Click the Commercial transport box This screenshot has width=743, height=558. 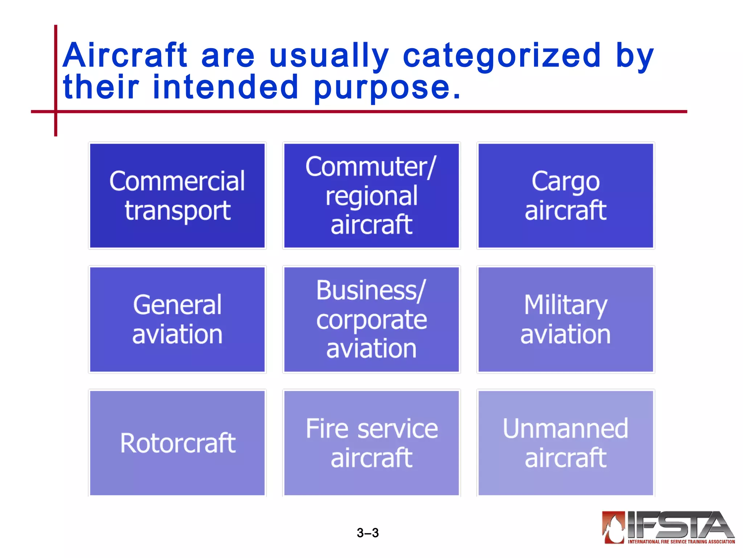[x=177, y=196]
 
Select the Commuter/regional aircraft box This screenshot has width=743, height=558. [x=371, y=196]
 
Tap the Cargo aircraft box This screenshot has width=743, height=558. [x=565, y=196]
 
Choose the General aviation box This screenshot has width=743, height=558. [x=177, y=319]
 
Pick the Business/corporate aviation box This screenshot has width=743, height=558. [x=371, y=319]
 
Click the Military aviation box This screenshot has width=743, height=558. [x=565, y=319]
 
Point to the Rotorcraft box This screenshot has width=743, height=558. [x=177, y=443]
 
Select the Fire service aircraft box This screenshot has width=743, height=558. [x=371, y=443]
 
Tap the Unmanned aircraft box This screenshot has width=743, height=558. [x=565, y=443]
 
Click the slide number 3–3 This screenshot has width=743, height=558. [x=368, y=533]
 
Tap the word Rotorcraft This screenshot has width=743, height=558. [x=178, y=443]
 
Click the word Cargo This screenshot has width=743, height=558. [x=565, y=181]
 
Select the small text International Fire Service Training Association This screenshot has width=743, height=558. [x=681, y=542]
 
